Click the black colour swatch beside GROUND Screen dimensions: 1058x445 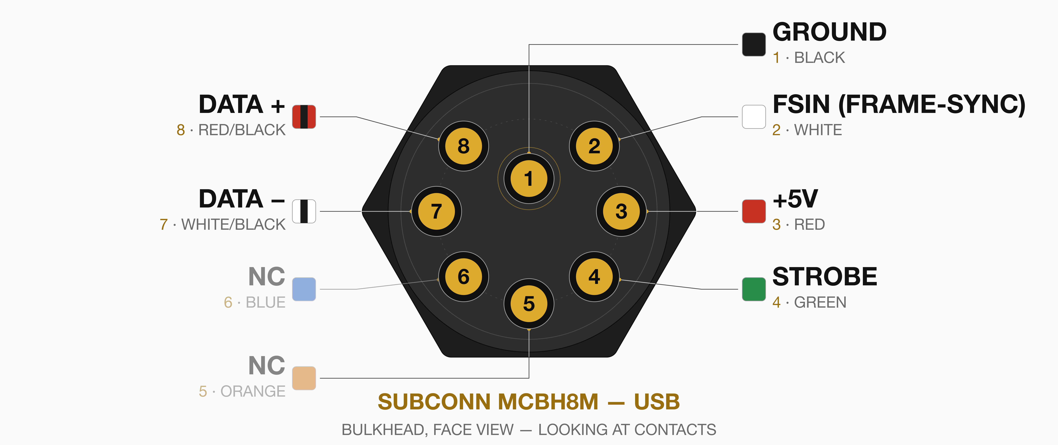pyautogui.click(x=754, y=44)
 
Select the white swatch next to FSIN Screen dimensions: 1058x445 pyautogui.click(x=754, y=117)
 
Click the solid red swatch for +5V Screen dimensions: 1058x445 pyautogui.click(x=754, y=211)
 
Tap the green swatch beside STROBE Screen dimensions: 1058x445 pyautogui.click(x=754, y=289)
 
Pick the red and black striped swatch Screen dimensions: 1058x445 pyautogui.click(x=304, y=117)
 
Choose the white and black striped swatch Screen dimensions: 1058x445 pyautogui.click(x=304, y=211)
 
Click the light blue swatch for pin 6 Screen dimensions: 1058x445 pyautogui.click(x=304, y=289)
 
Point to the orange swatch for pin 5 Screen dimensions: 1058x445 pyautogui.click(x=304, y=378)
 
